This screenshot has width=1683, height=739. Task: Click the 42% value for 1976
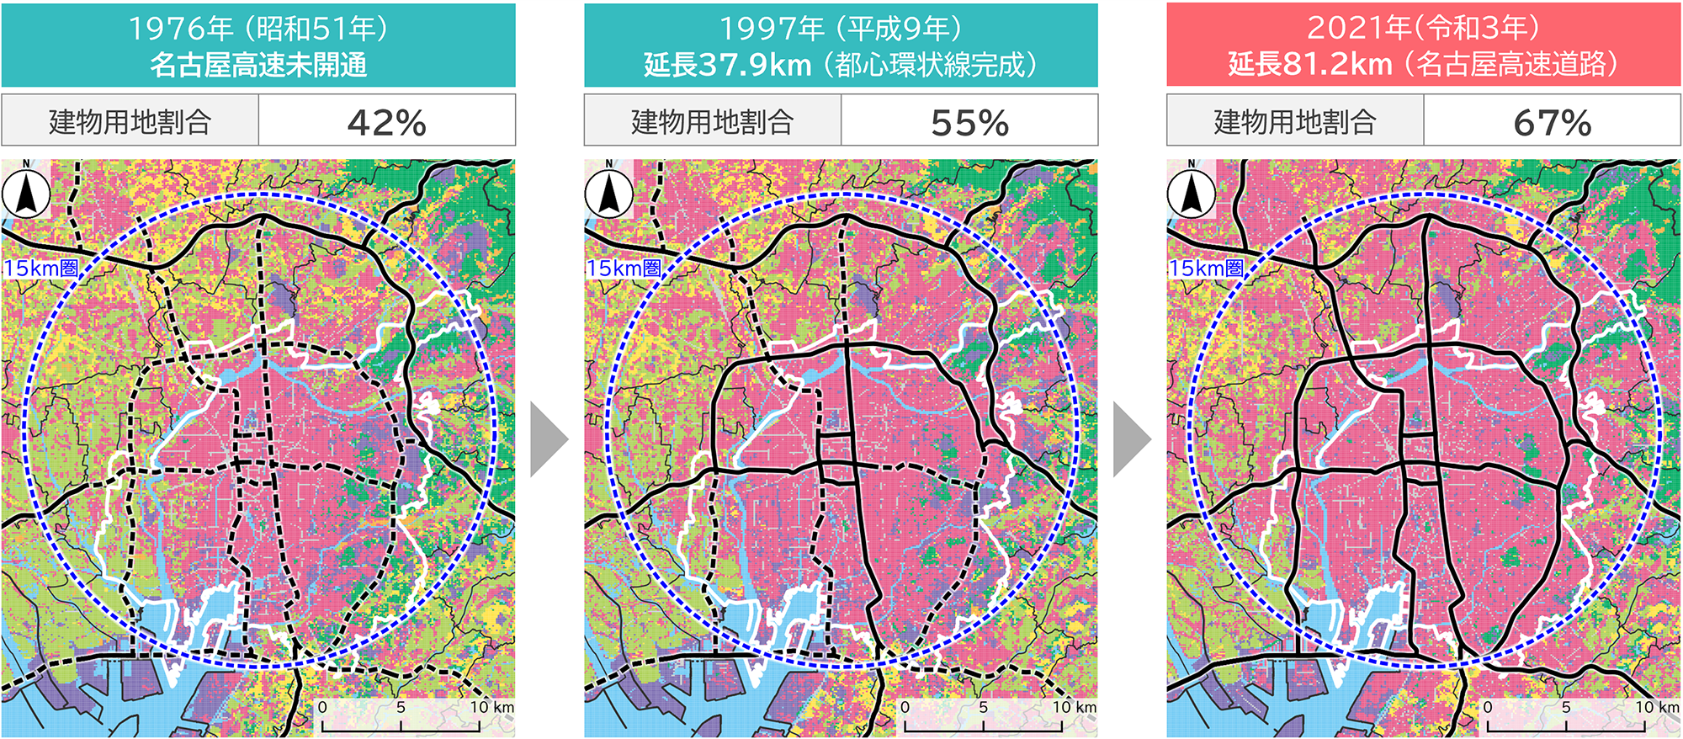point(386,123)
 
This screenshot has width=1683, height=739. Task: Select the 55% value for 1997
point(969,123)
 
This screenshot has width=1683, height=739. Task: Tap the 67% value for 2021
point(1552,123)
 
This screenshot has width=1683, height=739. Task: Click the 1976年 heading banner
point(258,45)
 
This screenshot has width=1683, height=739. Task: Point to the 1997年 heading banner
point(841,45)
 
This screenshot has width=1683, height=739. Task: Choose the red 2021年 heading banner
point(1423,45)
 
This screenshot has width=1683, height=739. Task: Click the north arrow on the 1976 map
point(26,193)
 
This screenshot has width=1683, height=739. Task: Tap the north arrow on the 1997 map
point(608,193)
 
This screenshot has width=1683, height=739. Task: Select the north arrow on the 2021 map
point(1191,193)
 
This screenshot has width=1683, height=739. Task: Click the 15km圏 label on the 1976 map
point(41,268)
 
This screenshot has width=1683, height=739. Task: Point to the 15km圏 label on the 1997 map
point(624,268)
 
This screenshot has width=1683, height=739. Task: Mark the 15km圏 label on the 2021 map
point(1206,268)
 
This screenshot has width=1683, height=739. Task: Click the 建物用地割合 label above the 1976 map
point(130,122)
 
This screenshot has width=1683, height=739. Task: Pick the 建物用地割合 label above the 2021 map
point(1294,122)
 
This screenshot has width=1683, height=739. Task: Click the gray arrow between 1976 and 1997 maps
point(549,439)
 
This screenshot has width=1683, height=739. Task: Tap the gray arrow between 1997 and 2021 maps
point(1132,439)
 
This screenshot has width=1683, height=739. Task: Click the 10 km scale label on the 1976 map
point(491,707)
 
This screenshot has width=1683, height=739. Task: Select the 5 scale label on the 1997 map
point(983,707)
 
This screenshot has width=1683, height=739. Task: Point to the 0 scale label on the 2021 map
point(1488,707)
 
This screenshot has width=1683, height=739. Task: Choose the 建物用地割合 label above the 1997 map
point(712,122)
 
